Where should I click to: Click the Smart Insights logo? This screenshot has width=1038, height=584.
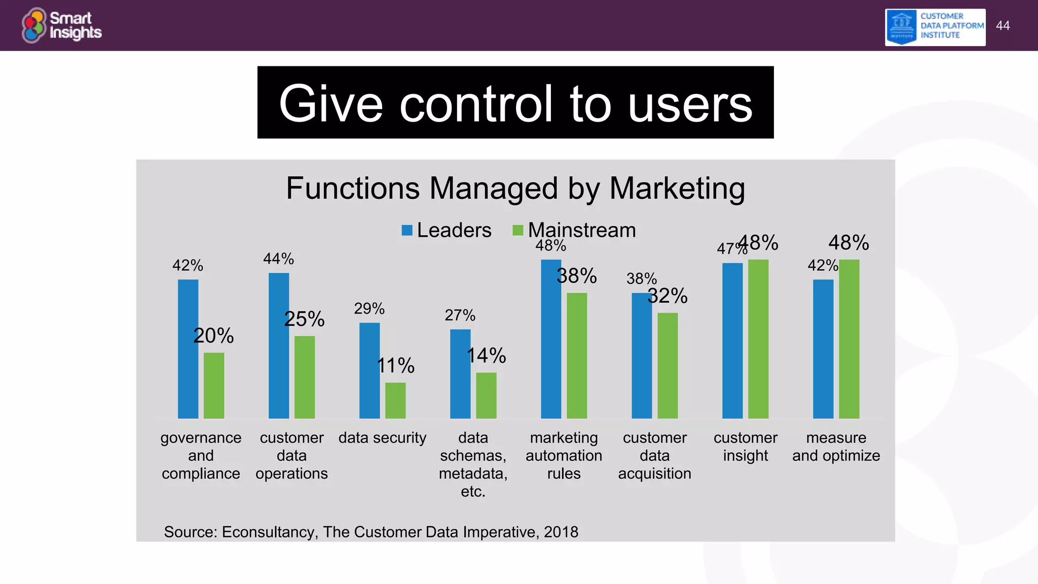(62, 25)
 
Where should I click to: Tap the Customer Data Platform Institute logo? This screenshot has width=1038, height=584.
(935, 27)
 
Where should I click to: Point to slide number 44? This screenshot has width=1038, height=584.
(1003, 26)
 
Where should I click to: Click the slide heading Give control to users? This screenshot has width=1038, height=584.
(515, 103)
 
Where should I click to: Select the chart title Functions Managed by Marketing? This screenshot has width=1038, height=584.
(515, 188)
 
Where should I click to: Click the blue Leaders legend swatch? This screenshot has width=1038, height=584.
(407, 231)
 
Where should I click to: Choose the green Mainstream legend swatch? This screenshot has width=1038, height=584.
(517, 231)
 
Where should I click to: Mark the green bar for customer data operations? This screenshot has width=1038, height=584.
(305, 377)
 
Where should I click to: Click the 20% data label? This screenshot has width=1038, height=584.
(213, 336)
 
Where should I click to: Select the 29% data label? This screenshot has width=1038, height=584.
(369, 308)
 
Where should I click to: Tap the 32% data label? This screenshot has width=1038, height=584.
(668, 296)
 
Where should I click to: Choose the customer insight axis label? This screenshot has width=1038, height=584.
(745, 446)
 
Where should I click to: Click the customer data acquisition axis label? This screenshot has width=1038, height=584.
(654, 455)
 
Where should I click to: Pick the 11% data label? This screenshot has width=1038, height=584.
(395, 366)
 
